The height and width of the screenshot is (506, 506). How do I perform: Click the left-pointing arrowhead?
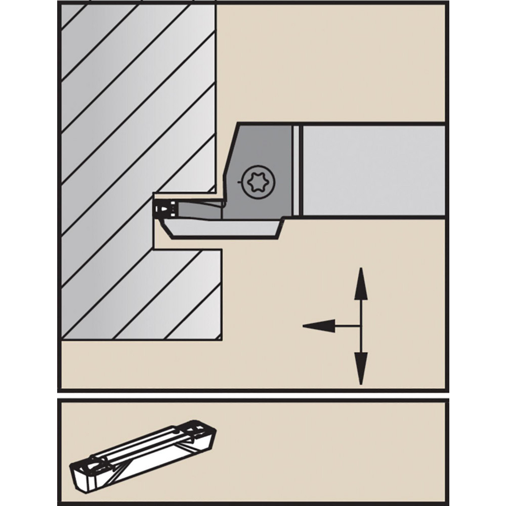coord(319,326)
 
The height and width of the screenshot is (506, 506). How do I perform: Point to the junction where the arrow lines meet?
coord(360,326)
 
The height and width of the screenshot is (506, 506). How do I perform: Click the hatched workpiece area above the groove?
coord(137,101)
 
